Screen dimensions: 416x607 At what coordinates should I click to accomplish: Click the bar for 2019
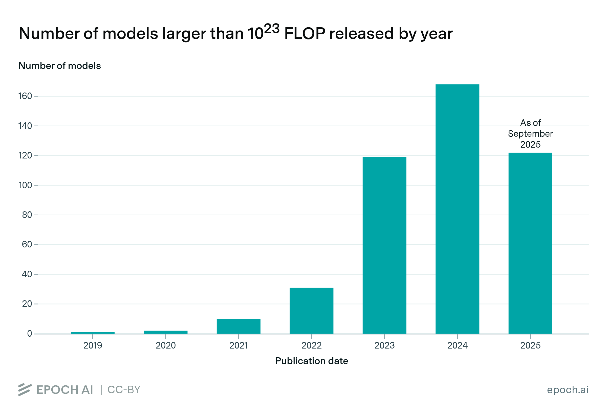[x=93, y=333]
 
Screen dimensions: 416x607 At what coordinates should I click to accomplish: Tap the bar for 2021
[x=239, y=326]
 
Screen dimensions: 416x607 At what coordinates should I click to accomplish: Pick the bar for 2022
[x=311, y=311]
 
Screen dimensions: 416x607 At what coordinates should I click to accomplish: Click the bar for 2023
[x=384, y=245]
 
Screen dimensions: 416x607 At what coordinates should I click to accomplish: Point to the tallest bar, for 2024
[x=457, y=209]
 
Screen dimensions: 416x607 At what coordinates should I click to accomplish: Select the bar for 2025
[x=530, y=243]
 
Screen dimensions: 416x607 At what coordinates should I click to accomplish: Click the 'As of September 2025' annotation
[x=530, y=134]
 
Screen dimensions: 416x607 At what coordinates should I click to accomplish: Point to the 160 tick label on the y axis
[x=25, y=96]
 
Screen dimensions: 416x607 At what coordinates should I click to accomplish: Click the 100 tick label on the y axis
[x=25, y=185]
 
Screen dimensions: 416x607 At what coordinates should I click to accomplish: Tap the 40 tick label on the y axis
[x=27, y=274]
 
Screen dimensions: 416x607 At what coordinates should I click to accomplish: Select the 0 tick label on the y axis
[x=30, y=334]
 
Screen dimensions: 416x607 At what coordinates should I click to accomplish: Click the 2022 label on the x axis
[x=311, y=345]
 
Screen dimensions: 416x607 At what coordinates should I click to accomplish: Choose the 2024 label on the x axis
[x=457, y=345]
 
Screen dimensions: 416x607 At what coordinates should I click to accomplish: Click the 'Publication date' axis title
[x=311, y=361]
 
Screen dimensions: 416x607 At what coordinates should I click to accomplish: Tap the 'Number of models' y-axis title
[x=59, y=66]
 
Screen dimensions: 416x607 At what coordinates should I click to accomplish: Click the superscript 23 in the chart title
[x=272, y=29]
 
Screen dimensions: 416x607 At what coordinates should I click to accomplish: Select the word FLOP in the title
[x=305, y=34]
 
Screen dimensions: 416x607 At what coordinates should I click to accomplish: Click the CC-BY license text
[x=124, y=390]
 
